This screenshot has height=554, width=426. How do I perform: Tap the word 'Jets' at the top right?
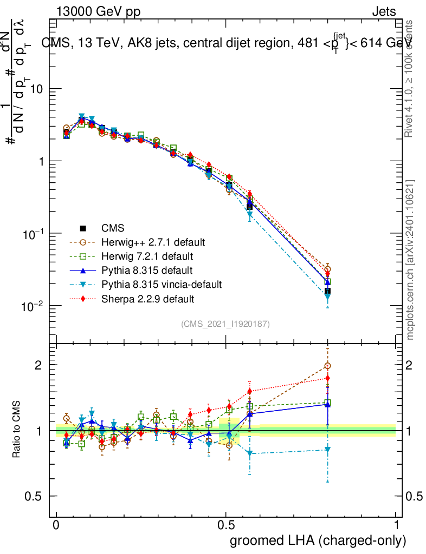384,12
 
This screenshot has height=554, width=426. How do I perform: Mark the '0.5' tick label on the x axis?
226,525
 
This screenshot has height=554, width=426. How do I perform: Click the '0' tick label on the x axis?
56,525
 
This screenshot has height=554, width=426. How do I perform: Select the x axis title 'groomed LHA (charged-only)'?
318,540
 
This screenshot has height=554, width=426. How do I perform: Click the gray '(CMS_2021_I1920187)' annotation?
225,324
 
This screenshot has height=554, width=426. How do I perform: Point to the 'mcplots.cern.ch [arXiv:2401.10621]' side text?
410,260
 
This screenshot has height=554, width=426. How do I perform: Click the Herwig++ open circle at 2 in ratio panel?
327,366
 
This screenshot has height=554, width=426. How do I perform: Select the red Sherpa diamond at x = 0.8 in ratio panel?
327,378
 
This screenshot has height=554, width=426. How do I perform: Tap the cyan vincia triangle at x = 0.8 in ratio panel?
327,450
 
